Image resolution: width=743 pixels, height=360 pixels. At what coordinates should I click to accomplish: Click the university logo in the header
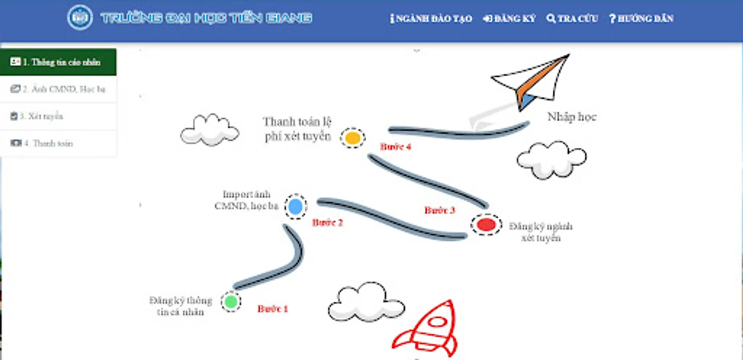(x=80, y=18)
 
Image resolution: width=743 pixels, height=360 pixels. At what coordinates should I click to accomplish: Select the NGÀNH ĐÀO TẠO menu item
(x=431, y=19)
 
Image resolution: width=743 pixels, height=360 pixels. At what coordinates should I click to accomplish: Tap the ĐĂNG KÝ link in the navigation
(x=509, y=19)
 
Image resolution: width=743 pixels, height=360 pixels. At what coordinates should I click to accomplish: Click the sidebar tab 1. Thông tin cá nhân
(x=58, y=62)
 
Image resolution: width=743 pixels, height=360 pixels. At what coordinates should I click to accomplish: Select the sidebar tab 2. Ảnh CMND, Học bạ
(x=58, y=89)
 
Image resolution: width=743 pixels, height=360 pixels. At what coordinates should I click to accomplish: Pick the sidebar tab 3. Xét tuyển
(x=58, y=116)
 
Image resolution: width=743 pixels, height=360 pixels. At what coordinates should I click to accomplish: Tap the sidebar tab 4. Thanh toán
(x=58, y=143)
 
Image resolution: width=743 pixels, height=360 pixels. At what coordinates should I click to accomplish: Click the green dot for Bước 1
(x=231, y=302)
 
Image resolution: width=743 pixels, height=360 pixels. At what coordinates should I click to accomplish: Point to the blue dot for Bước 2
(x=296, y=207)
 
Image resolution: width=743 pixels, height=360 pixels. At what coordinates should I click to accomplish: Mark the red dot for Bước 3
(x=486, y=224)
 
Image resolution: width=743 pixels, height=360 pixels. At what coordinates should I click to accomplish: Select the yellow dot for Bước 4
(x=353, y=138)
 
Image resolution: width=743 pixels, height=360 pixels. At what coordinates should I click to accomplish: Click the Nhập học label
(x=571, y=117)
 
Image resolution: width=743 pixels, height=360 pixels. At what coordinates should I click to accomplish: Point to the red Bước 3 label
(x=439, y=210)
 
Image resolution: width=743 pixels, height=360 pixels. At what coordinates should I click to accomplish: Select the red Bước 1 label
(x=272, y=309)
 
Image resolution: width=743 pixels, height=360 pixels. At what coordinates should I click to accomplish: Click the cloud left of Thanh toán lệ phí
(x=209, y=130)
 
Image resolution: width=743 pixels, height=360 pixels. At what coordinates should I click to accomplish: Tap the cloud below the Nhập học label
(x=551, y=159)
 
